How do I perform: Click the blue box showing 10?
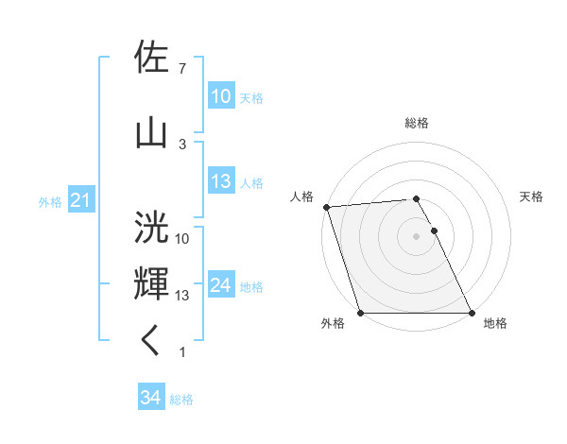[x=220, y=96]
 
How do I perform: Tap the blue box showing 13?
[x=220, y=182]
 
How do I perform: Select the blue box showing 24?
[x=220, y=286]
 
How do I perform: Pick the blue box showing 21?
[x=80, y=200]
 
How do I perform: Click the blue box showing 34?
[x=150, y=399]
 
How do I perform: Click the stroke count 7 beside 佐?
[x=181, y=68]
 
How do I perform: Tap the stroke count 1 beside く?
[x=181, y=352]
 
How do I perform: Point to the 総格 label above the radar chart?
[x=417, y=123]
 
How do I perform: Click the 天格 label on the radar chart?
[x=532, y=196]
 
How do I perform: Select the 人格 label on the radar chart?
[x=301, y=196]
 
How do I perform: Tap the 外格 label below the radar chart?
[x=333, y=323]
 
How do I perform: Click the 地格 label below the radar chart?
[x=495, y=323]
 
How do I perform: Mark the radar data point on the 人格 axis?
[x=326, y=207]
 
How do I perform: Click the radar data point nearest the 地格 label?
[x=472, y=313]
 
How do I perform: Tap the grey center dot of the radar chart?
[x=417, y=236]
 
